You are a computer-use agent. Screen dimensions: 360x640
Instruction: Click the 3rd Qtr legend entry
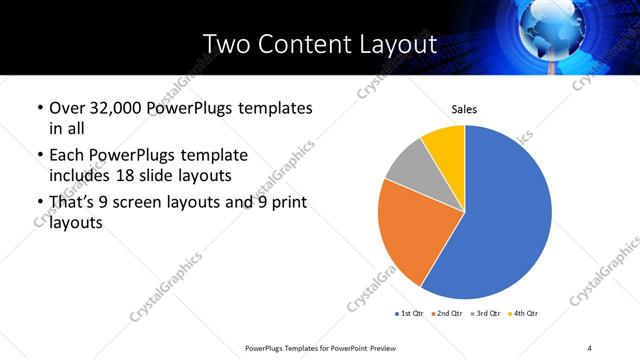coord(484,314)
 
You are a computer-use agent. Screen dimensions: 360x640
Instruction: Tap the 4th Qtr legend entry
coord(523,314)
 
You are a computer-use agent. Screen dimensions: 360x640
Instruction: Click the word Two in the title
coord(228,45)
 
